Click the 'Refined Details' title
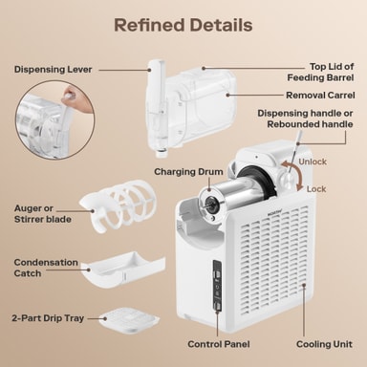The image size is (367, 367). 183,25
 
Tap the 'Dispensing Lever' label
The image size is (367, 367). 53,70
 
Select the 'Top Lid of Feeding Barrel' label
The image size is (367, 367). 320,72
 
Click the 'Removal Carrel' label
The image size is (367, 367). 320,96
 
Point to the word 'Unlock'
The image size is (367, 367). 313,162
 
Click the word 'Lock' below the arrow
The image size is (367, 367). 316,189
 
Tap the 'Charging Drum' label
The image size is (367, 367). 188,172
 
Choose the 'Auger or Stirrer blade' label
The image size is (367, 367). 43,214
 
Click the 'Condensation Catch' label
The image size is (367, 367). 46,268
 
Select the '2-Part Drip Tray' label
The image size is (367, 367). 48,318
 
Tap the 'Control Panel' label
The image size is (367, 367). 219,344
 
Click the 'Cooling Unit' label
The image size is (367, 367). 324,344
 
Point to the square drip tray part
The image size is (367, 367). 129,319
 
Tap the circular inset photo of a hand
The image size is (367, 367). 54,119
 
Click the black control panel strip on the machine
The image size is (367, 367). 217,285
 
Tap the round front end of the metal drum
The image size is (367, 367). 210,203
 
